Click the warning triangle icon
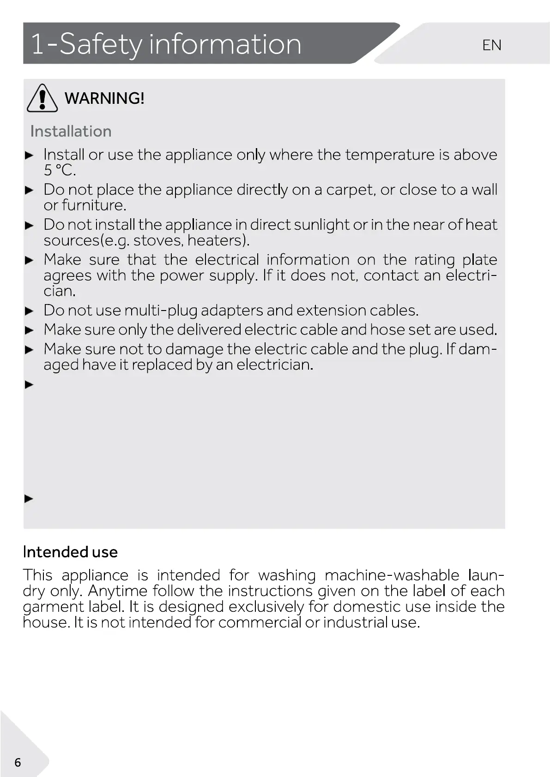click(42, 98)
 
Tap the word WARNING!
click(104, 98)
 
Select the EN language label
click(491, 45)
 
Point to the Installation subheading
click(71, 131)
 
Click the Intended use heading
click(70, 552)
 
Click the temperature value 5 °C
click(60, 171)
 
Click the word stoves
click(158, 240)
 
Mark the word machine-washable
click(392, 575)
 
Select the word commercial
click(260, 622)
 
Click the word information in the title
click(225, 44)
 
